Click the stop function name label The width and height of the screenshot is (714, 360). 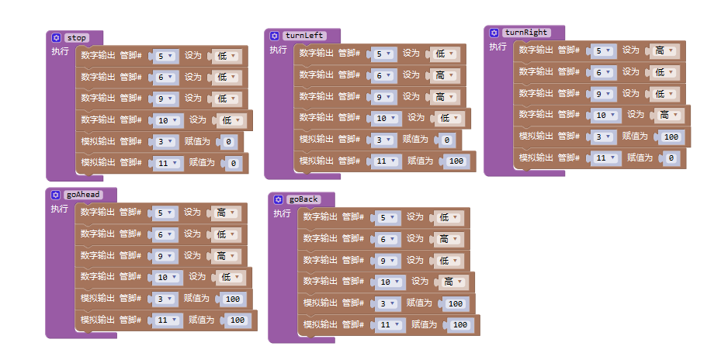point(77,38)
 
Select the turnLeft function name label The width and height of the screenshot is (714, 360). point(304,36)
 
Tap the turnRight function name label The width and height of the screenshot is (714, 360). point(526,33)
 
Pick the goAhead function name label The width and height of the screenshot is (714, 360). point(83,195)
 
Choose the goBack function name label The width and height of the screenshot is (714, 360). point(303,199)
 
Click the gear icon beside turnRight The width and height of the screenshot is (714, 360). point(494,33)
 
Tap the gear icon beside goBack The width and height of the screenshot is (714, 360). point(278,200)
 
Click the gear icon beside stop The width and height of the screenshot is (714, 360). point(56,38)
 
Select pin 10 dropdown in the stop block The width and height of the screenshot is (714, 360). point(168,120)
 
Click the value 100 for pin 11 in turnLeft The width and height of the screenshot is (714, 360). point(456,161)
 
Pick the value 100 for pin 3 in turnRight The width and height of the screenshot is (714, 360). point(671,137)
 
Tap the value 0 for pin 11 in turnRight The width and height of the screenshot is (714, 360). point(671,158)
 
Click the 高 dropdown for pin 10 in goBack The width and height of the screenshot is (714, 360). point(454,282)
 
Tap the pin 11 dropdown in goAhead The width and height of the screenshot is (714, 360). point(168,320)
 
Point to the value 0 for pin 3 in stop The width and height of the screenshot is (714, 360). point(229,142)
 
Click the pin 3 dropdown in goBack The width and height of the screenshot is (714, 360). point(388,303)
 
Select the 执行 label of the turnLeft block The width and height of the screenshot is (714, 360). point(278,50)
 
